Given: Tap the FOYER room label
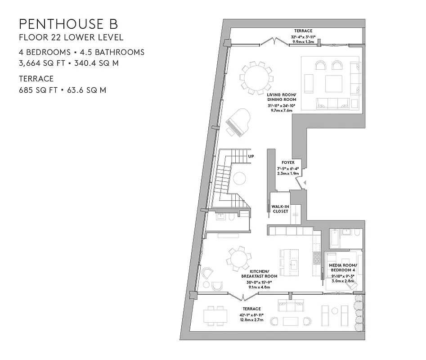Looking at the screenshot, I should click(x=288, y=162).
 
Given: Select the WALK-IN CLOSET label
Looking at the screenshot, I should click(x=280, y=209).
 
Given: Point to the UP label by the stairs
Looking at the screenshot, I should click(x=251, y=157).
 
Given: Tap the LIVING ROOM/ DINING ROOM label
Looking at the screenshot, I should click(x=282, y=97).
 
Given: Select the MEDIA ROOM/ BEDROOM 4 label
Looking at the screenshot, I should click(x=342, y=268).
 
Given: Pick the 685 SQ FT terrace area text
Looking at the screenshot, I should click(x=38, y=90).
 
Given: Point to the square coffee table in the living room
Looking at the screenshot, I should click(x=333, y=84).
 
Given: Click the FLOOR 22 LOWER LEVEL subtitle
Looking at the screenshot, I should click(x=71, y=37).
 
